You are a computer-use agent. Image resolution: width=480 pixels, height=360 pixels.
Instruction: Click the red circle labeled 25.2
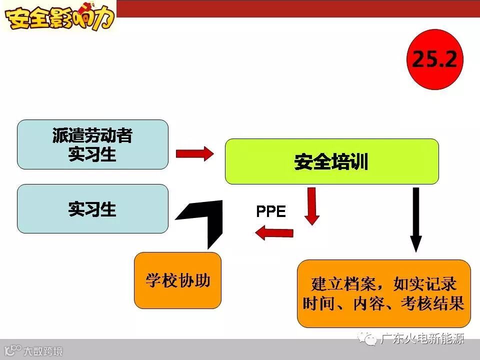point(434,59)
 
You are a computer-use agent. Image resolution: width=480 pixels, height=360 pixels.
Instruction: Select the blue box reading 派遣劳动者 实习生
point(92,144)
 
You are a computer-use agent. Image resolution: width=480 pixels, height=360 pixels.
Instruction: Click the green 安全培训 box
point(331,161)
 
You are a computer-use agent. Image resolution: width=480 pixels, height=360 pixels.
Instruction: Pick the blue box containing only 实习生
point(92,208)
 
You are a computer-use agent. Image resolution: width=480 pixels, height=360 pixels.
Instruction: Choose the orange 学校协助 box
point(177,280)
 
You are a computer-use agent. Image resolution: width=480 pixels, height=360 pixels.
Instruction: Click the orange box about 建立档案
point(383,293)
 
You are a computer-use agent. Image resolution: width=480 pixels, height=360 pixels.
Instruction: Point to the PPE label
point(270,211)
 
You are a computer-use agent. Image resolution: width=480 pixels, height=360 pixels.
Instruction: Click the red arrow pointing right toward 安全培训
point(194,153)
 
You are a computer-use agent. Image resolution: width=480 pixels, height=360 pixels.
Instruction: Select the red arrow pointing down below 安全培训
point(312,205)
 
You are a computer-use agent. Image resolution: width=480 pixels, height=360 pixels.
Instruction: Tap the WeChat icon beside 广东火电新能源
point(370,339)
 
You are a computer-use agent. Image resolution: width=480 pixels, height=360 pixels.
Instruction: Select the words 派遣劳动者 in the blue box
point(92,135)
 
